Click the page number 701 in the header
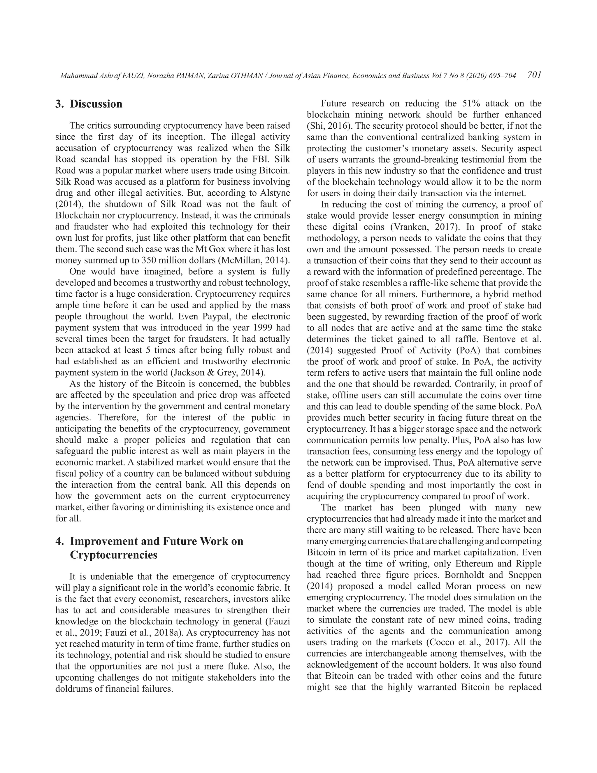click(x=534, y=75)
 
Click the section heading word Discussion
click(x=96, y=104)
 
